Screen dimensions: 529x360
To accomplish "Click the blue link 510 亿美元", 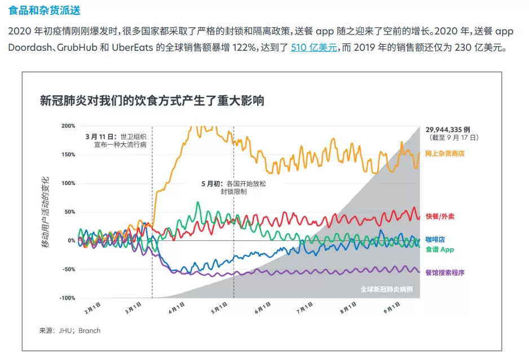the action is (x=314, y=47).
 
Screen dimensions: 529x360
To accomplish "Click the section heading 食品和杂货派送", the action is (x=44, y=11).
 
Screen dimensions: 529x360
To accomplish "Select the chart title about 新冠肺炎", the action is (x=152, y=100).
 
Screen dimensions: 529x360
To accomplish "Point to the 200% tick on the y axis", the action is (x=68, y=126).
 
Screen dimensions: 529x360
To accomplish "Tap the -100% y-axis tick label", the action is (x=67, y=298).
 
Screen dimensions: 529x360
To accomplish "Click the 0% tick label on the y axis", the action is (x=71, y=240).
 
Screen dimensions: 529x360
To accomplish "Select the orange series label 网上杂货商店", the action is (x=444, y=153).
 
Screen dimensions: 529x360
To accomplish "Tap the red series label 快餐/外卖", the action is (x=440, y=216).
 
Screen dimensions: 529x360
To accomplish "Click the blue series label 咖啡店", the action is (x=435, y=240).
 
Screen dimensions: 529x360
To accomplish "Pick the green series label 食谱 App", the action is (x=440, y=249).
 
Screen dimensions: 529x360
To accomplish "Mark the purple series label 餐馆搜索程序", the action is (x=445, y=273).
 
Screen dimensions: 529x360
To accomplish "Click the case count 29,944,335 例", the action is (x=448, y=130).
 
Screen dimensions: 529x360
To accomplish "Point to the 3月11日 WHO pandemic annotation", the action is (x=116, y=141).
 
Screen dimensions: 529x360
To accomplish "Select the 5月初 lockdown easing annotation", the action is (x=233, y=187).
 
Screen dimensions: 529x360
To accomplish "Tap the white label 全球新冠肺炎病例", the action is (x=386, y=289).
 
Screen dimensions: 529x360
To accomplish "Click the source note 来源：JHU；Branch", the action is (x=70, y=331).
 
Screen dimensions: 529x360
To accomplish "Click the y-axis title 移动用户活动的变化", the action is (x=46, y=212).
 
